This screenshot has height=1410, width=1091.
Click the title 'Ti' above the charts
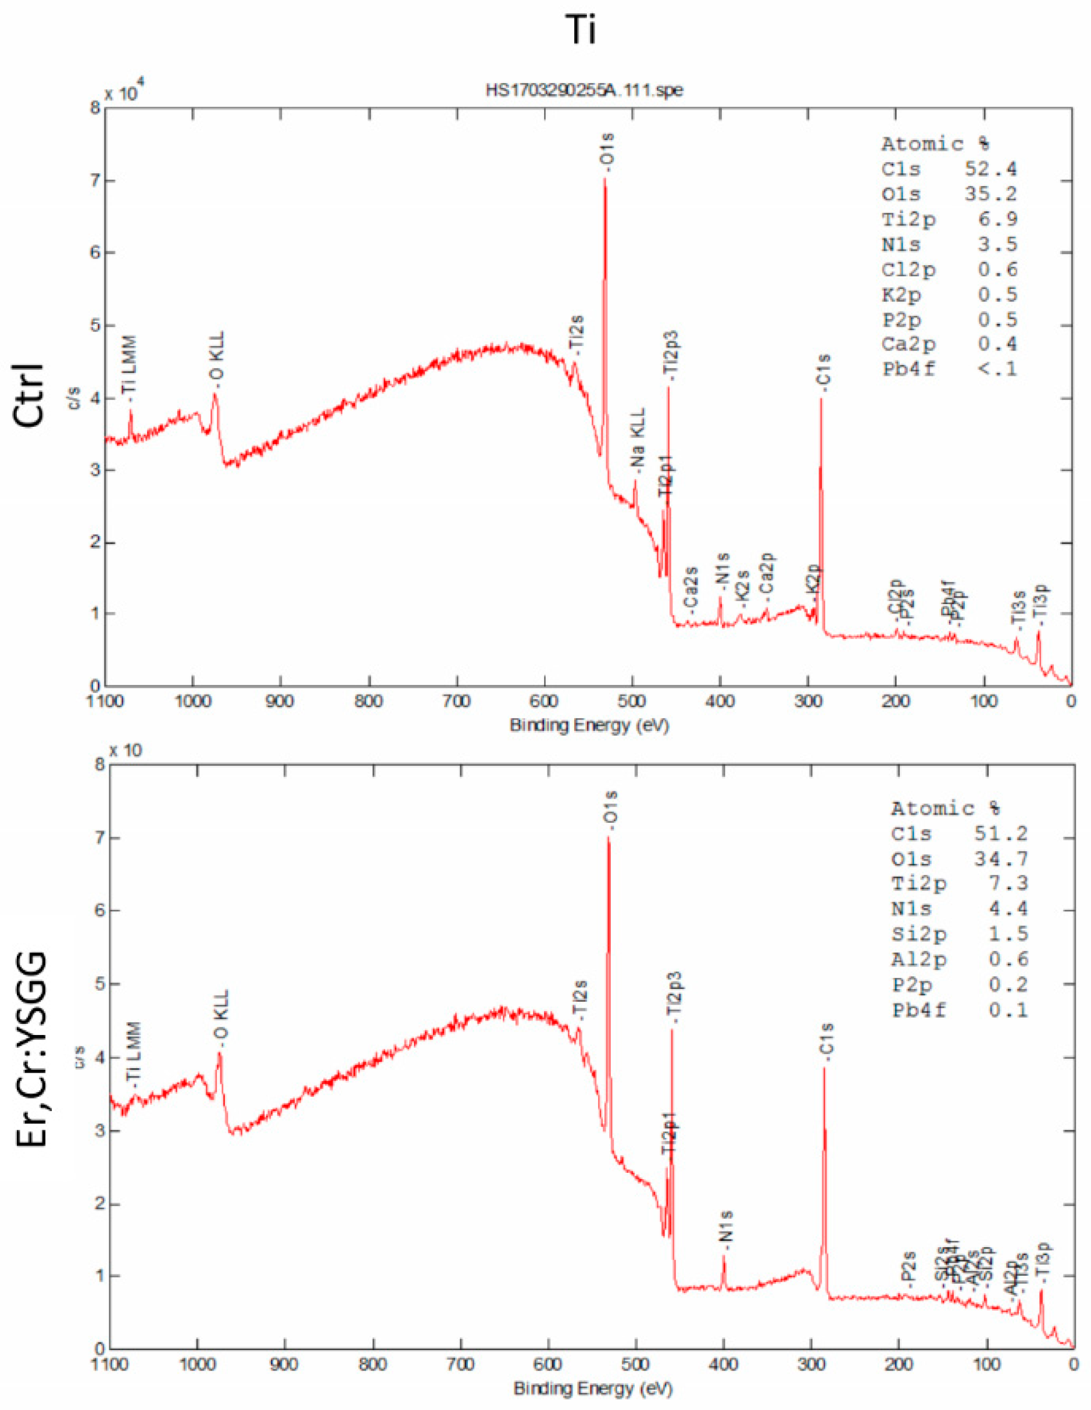pos(580,30)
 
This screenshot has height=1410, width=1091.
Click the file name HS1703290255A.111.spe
pos(584,90)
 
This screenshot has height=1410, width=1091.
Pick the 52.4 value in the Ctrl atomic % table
pos(990,169)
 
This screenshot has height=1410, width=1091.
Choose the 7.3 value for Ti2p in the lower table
pos(1008,883)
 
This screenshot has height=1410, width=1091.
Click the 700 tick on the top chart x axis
pos(457,701)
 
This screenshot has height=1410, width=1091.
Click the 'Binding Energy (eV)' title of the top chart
pos(589,726)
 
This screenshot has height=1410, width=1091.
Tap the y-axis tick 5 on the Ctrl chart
pos(94,326)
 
